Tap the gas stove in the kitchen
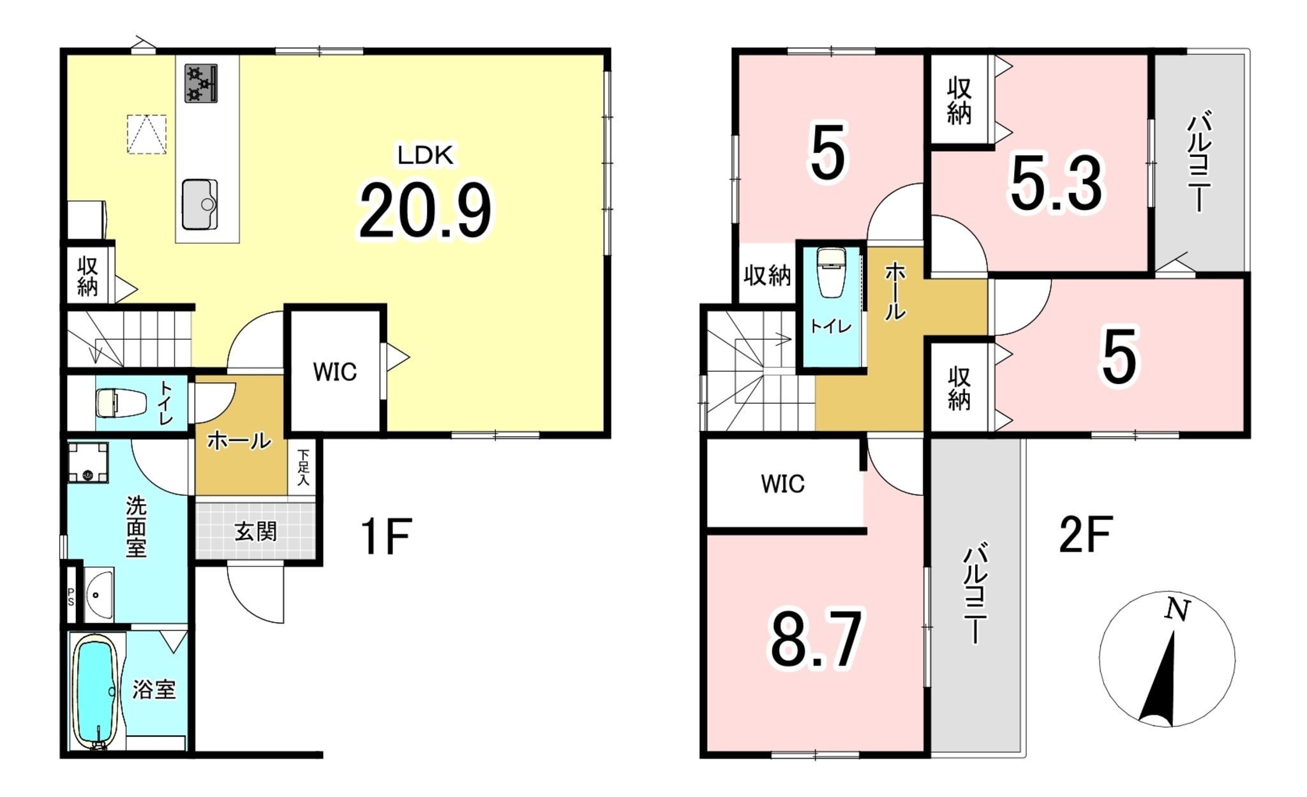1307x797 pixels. [x=201, y=83]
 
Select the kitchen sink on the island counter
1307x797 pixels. [x=200, y=204]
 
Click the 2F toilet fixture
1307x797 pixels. [x=832, y=273]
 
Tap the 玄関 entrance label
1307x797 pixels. [x=255, y=532]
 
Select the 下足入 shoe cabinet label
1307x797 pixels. [x=304, y=467]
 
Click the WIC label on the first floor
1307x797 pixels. [x=334, y=372]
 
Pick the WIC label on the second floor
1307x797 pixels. [x=782, y=484]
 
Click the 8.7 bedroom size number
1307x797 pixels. [x=816, y=638]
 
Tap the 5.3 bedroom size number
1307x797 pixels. [x=1056, y=184]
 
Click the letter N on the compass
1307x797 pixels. [x=1177, y=610]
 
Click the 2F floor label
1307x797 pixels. [x=1086, y=534]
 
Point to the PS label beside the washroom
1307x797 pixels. [x=71, y=597]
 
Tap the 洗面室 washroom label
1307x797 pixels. [x=136, y=526]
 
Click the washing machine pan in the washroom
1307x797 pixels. [x=88, y=462]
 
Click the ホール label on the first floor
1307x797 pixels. [x=239, y=440]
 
